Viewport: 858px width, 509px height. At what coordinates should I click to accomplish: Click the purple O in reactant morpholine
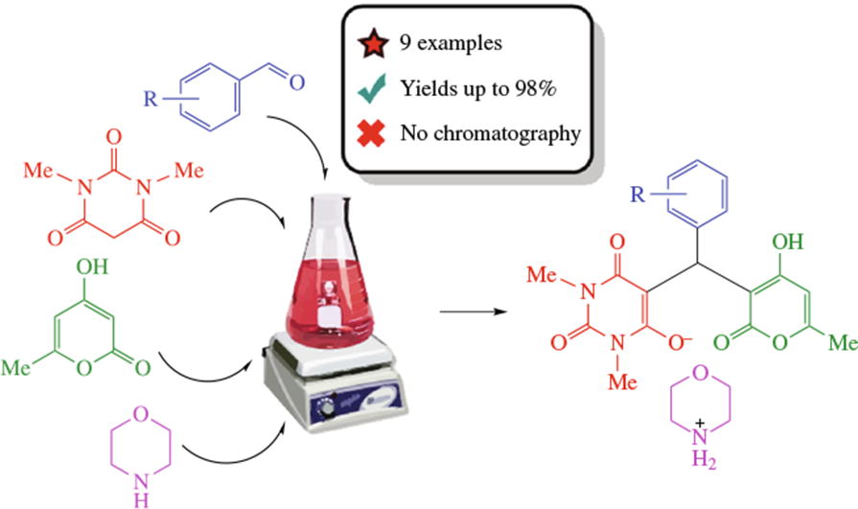141,414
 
